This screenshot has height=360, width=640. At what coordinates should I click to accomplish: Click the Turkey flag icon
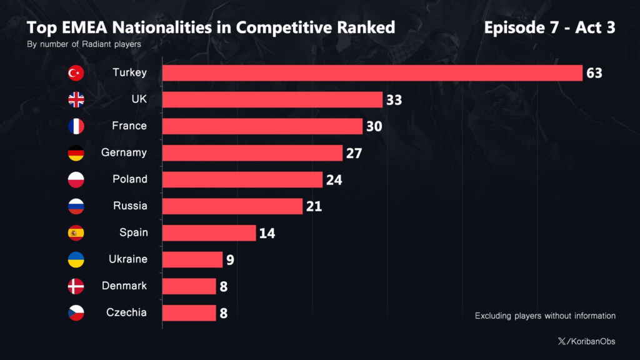pos(76,73)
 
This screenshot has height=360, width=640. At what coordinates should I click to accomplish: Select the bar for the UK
pos(272,100)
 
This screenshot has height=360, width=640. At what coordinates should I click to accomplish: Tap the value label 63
pos(594,73)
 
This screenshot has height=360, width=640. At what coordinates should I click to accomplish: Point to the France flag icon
pos(76,126)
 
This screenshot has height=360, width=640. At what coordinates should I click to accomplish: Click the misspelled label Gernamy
pos(124,152)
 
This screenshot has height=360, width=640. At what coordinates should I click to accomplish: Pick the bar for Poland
pos(242,179)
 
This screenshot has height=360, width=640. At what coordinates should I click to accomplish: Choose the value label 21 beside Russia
pos(314,206)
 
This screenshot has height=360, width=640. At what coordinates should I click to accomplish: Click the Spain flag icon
pos(76,233)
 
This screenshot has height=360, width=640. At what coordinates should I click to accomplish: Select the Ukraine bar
pos(192,259)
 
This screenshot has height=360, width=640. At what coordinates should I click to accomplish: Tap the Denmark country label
pos(124,286)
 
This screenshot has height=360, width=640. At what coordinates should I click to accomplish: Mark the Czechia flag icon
pos(76,312)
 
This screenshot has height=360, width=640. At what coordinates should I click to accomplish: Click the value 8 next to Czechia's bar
pos(223,313)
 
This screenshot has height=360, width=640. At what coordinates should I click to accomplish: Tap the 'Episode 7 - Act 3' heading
pos(550,27)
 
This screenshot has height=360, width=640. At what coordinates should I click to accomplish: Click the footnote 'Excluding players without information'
pos(545,316)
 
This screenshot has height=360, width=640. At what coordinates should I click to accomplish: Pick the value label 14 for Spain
pos(267,233)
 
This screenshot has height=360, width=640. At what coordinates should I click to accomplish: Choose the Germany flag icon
pos(76,153)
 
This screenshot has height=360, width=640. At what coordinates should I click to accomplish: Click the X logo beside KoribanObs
pos(561,341)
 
